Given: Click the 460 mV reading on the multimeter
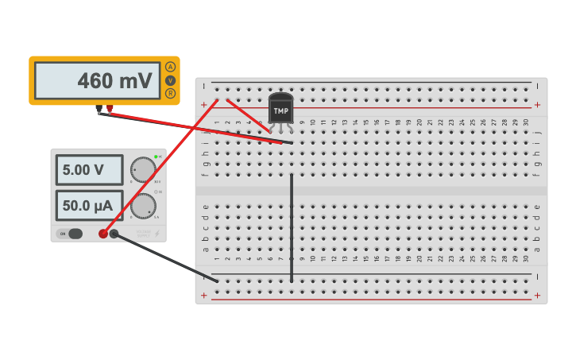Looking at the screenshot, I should pos(114,81).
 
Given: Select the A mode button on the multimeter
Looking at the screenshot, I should pos(170,67).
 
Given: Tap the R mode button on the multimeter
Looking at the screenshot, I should pos(170,94).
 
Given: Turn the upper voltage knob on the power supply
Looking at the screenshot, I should pos(144,170).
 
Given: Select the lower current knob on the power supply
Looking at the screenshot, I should pos(143,206).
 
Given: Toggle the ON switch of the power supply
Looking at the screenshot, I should pos(71,234).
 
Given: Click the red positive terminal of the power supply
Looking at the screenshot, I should pos(103,234).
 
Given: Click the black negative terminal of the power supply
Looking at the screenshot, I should pos(114,234).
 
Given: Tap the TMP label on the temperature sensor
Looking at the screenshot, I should pos(281,111).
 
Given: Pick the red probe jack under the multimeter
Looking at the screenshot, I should pos(110,109).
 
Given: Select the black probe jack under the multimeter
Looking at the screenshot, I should pos(99,109).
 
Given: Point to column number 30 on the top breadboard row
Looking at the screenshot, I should pos(526,122).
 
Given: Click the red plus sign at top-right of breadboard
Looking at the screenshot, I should pos(537,105).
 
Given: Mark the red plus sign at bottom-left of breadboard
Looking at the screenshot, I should pos(204,295).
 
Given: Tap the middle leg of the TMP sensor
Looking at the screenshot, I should pos(281,129).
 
